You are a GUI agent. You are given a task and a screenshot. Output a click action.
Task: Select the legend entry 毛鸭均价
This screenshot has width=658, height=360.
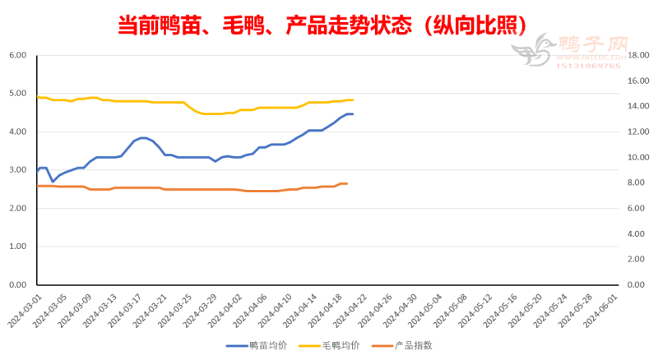(333, 346)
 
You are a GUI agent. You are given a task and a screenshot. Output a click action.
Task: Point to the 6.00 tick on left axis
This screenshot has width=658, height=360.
(17, 55)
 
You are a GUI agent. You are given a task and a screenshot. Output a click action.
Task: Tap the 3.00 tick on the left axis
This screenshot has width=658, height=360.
(17, 170)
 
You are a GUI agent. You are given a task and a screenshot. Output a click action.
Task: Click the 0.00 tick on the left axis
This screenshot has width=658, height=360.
(17, 284)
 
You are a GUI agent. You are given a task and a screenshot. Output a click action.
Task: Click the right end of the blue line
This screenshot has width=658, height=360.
(352, 114)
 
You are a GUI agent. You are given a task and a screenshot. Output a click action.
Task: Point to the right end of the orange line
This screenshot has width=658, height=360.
(346, 183)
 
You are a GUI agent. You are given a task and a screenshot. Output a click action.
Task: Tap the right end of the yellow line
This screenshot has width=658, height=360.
(352, 100)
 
